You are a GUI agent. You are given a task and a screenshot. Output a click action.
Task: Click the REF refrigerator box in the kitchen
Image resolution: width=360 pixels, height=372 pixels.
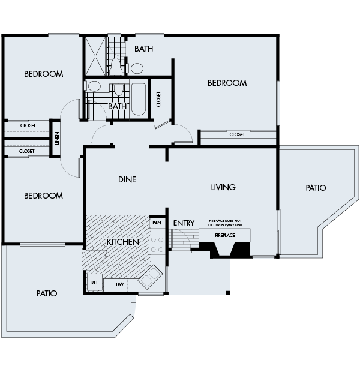tap(95, 283)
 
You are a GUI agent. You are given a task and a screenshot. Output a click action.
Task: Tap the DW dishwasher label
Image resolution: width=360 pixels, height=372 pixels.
tap(120, 284)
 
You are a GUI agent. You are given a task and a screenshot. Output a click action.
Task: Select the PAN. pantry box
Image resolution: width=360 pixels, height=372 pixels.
tap(157, 223)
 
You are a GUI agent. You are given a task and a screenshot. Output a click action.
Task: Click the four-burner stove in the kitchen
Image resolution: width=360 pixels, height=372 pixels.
tap(157, 245)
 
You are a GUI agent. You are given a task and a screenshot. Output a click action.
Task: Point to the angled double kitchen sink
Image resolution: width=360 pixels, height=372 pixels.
tap(151, 277)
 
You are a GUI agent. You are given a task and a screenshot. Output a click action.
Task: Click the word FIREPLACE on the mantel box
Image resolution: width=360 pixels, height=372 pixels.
tap(225, 235)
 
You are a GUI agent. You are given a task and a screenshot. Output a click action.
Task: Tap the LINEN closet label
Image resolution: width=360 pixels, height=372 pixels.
tap(57, 139)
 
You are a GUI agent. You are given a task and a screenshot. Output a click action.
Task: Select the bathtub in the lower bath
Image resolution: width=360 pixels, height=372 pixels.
tap(139, 99)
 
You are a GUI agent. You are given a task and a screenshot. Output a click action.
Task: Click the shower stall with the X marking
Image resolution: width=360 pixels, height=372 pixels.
tap(95, 56)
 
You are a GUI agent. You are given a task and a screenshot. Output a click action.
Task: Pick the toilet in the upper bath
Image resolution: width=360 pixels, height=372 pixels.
tap(116, 65)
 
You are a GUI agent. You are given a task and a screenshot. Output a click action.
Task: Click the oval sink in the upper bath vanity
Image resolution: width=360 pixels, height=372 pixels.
tap(137, 68)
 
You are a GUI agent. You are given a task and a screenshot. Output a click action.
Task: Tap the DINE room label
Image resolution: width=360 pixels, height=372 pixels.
tap(127, 179)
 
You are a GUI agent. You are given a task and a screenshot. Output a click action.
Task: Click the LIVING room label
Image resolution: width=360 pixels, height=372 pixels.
tap(223, 187)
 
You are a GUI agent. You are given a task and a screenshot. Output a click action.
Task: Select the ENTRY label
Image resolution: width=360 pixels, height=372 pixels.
tap(184, 223)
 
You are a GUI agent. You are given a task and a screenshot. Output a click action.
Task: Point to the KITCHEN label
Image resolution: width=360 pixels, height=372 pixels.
tap(122, 242)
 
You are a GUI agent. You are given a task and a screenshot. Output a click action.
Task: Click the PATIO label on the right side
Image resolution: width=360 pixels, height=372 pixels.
tap(316, 188)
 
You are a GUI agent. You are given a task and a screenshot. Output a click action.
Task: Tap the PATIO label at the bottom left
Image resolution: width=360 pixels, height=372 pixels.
tap(47, 293)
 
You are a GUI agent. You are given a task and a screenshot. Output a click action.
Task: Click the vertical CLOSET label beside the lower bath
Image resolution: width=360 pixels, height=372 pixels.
tap(158, 99)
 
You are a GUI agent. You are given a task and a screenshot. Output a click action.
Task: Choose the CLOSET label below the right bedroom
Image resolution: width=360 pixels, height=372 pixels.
tap(237, 134)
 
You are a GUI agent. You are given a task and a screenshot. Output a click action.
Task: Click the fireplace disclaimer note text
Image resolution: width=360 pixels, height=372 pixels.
tap(225, 223)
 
